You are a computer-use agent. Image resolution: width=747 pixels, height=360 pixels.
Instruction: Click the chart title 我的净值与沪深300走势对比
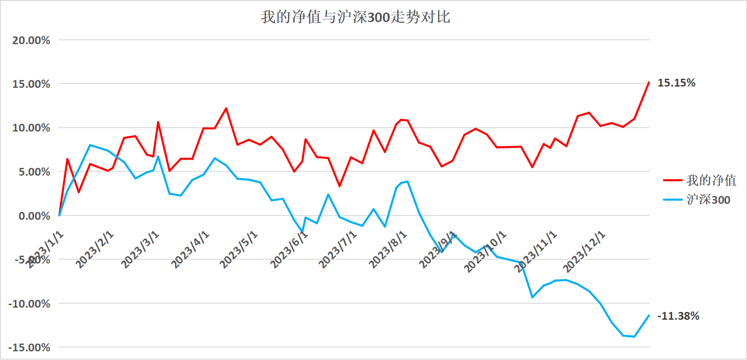tap(356, 17)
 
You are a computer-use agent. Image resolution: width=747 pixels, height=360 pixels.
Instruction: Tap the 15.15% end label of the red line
tap(676, 83)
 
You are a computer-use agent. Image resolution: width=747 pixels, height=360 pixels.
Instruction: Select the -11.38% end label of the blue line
tap(678, 316)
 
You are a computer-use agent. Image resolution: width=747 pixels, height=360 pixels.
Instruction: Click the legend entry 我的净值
tap(711, 180)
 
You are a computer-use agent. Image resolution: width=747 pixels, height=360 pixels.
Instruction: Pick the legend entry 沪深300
tap(708, 199)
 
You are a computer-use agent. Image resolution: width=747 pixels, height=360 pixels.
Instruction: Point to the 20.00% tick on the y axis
tap(31, 40)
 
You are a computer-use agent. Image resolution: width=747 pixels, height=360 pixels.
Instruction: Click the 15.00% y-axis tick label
tap(31, 84)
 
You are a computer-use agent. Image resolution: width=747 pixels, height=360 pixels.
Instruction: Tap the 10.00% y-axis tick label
tap(31, 128)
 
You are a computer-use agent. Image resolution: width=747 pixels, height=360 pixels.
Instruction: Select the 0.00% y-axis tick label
tap(34, 216)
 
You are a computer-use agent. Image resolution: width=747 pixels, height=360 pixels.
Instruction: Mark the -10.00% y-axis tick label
tap(29, 304)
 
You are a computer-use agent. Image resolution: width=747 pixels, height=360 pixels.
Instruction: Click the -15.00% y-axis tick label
tap(29, 347)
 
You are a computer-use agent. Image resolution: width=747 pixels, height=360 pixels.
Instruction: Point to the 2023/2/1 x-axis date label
tap(95, 250)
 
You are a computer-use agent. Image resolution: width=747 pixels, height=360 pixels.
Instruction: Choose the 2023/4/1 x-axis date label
tap(190, 250)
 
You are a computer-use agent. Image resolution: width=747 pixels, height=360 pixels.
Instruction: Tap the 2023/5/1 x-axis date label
tap(239, 250)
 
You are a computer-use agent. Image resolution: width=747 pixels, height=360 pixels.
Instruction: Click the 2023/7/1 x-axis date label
tap(338, 250)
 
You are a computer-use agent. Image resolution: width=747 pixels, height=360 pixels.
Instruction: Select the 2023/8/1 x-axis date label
tap(388, 250)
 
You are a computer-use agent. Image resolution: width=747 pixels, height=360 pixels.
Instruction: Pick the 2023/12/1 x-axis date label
tap(584, 252)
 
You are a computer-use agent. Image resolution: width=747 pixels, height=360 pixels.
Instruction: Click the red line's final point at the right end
tap(649, 82)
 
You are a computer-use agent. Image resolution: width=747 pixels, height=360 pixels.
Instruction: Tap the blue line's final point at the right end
tap(649, 315)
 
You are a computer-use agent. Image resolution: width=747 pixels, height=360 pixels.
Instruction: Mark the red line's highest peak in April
tap(226, 108)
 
